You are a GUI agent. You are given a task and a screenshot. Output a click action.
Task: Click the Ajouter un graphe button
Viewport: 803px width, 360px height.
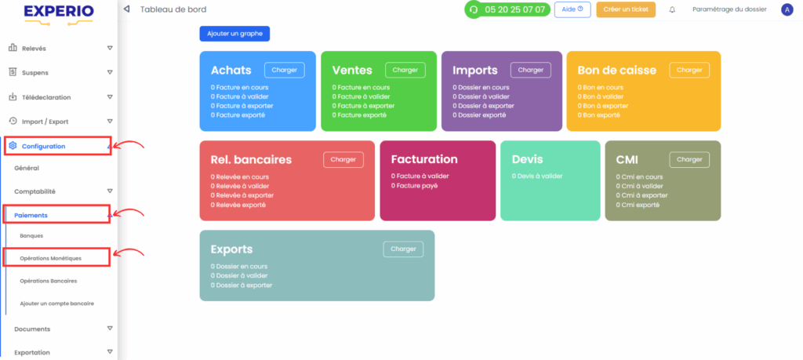pos(234,33)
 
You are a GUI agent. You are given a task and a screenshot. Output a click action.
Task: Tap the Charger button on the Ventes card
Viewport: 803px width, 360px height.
pos(405,70)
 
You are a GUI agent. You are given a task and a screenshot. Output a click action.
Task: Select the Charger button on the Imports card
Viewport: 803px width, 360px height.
pos(531,70)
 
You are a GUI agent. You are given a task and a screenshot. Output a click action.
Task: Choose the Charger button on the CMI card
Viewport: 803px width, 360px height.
pos(689,160)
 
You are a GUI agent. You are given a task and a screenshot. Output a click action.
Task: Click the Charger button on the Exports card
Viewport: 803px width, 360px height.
pos(404,249)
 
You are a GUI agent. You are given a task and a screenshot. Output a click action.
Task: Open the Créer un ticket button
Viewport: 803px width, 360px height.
pos(626,9)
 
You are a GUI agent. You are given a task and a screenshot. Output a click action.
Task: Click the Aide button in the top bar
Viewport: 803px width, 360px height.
pos(572,9)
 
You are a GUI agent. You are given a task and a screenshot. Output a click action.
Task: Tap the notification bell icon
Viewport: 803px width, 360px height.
pos(672,9)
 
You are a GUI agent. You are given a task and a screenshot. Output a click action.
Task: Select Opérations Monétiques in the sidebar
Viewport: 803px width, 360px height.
pos(51,258)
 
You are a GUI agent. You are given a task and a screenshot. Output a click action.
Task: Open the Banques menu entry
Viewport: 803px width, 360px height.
pos(31,236)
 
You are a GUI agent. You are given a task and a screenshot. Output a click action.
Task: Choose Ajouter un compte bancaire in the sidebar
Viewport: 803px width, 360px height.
pos(56,304)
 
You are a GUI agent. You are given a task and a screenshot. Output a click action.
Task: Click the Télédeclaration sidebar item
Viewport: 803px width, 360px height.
pos(46,97)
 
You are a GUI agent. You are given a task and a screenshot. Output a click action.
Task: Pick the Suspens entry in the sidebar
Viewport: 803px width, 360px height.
pos(35,73)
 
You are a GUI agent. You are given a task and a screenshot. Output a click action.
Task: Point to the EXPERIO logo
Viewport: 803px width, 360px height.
pos(58,14)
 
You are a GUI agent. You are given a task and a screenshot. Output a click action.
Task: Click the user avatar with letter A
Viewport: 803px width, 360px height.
pos(787,9)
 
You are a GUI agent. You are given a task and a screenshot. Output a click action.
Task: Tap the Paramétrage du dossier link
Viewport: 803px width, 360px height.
pos(730,9)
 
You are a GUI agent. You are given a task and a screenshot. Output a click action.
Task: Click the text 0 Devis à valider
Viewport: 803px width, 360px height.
pos(537,176)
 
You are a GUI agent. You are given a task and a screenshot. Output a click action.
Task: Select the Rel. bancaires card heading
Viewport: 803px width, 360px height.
pos(251,160)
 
